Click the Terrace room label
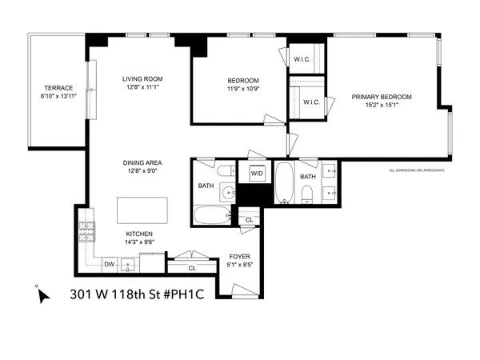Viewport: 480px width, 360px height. (58, 88)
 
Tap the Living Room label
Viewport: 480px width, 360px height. (142, 78)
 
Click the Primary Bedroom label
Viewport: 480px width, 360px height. (382, 97)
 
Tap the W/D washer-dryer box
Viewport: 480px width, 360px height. (257, 173)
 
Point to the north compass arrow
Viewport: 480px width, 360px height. (42, 294)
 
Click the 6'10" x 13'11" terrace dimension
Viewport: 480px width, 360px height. (58, 96)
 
